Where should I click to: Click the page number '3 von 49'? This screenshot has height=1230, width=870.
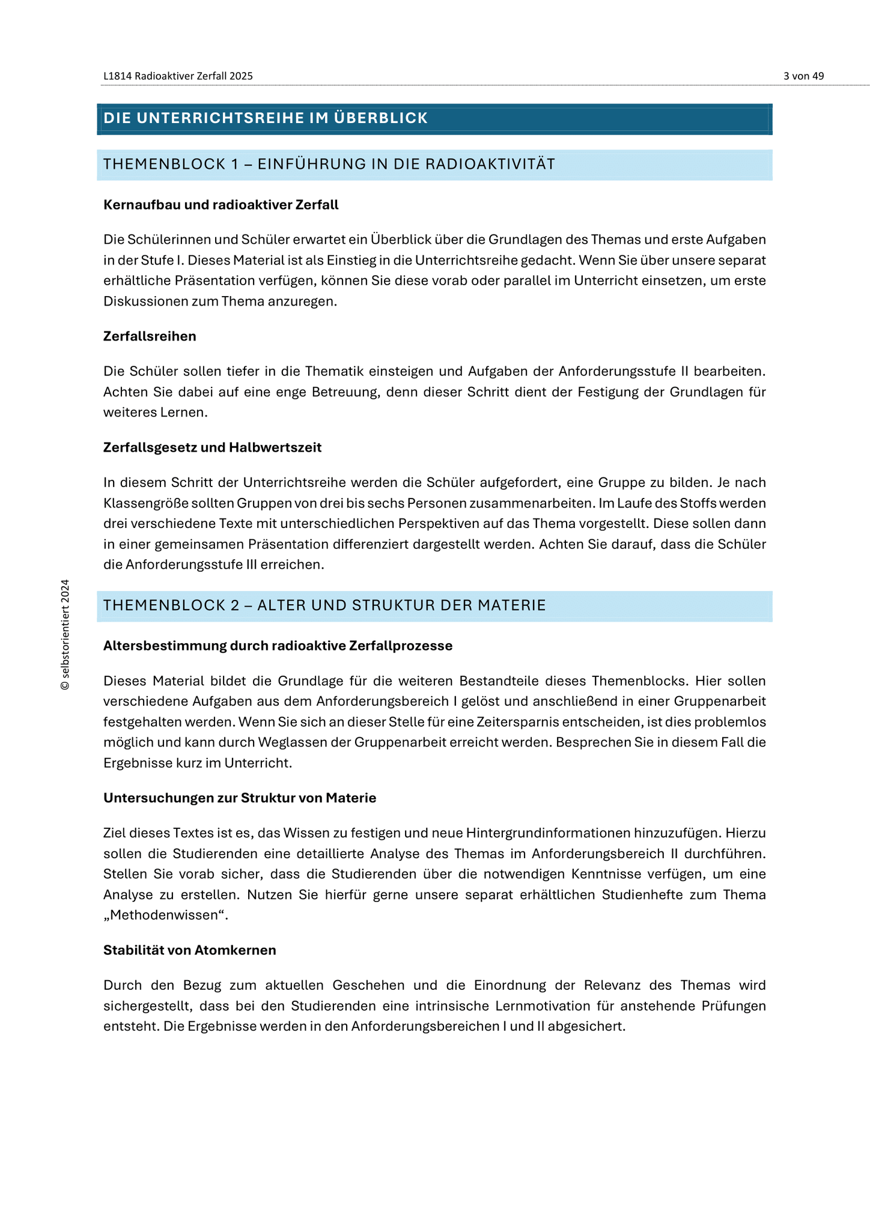click(x=803, y=76)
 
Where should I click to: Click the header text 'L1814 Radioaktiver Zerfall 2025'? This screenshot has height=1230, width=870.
click(x=178, y=76)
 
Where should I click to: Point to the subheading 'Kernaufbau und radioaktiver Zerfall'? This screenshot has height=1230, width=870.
click(x=221, y=205)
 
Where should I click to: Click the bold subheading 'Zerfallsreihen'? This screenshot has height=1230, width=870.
click(x=150, y=336)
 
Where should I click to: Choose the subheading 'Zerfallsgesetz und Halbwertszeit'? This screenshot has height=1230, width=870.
click(x=212, y=447)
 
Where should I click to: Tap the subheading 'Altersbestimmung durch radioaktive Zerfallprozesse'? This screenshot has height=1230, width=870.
click(x=278, y=646)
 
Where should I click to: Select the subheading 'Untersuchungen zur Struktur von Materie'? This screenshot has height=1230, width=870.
click(x=240, y=798)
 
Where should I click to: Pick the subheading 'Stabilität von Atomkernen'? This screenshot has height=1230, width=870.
click(x=190, y=950)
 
